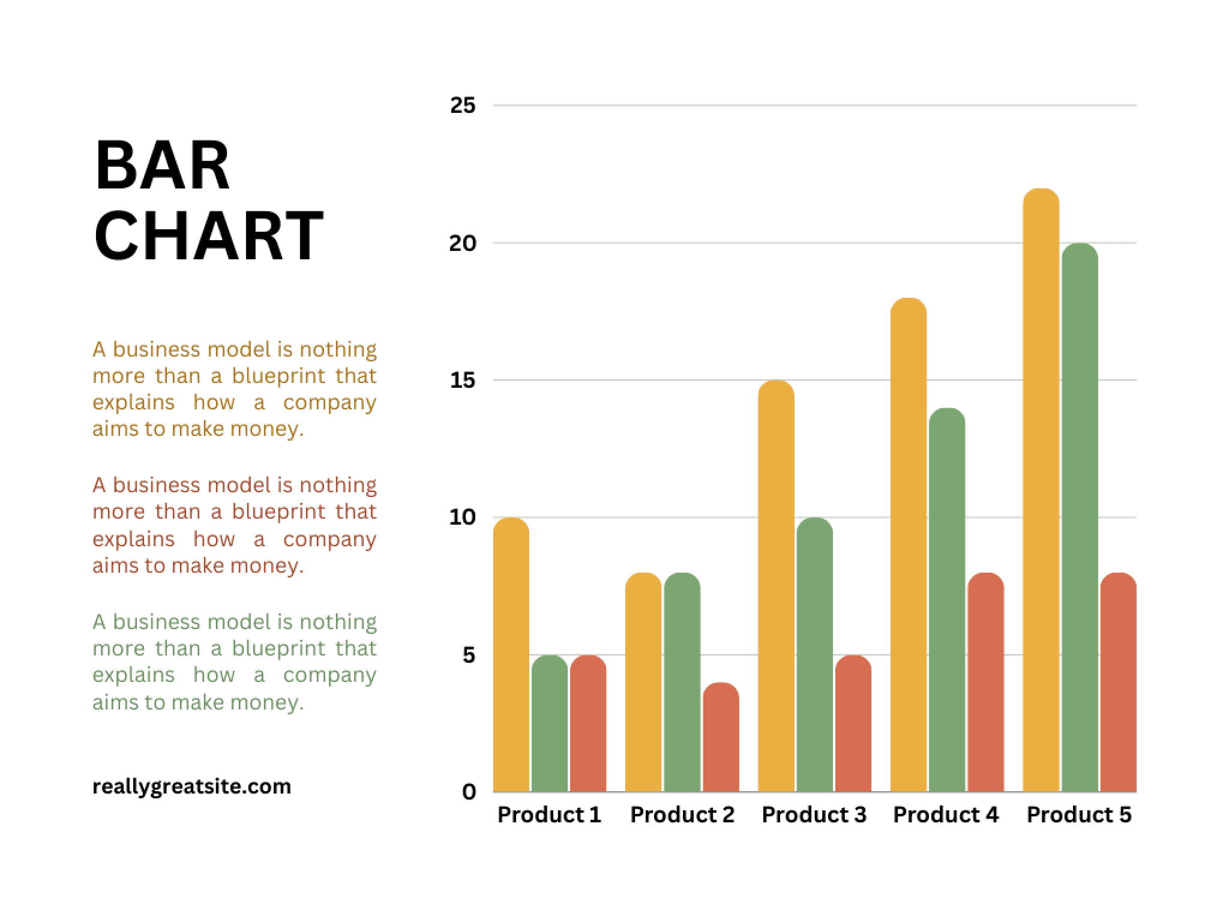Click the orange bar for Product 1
[x=511, y=654]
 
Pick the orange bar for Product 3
[x=776, y=586]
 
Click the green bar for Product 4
[x=947, y=600]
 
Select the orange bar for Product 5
[x=1041, y=490]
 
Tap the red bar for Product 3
[x=853, y=723]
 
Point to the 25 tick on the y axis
[x=462, y=106]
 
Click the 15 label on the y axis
[x=462, y=380]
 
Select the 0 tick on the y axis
[x=469, y=792]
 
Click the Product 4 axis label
[x=946, y=815]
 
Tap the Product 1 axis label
[x=549, y=815]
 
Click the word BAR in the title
[x=162, y=166]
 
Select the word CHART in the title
[x=208, y=237]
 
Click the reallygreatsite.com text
[x=191, y=786]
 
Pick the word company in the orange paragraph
[x=329, y=402]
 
